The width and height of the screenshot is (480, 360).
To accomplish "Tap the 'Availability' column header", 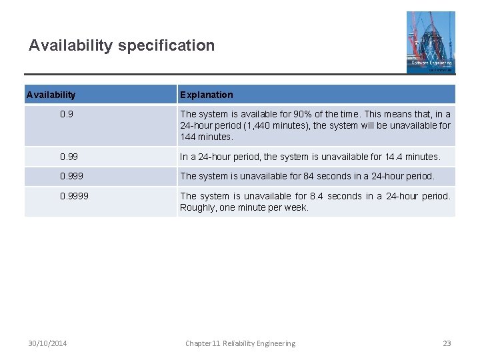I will click(51, 95).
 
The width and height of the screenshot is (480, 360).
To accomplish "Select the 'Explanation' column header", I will click(207, 95).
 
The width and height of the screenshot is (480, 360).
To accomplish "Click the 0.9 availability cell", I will click(67, 114).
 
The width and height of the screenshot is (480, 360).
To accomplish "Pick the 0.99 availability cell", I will click(69, 157).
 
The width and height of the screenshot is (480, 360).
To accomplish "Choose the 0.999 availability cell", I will click(72, 176).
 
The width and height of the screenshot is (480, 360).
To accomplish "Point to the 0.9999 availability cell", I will click(74, 196).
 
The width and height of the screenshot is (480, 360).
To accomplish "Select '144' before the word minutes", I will click(188, 137).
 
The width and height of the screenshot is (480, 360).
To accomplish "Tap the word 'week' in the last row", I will click(297, 207).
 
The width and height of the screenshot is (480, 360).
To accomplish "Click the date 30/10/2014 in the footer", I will click(48, 343).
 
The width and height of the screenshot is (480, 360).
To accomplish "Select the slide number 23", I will click(447, 343).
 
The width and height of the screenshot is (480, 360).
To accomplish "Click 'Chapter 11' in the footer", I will click(201, 343).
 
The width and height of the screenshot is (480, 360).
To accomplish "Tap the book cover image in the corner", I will click(431, 42).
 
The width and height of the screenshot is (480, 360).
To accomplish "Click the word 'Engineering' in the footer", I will click(274, 343).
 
